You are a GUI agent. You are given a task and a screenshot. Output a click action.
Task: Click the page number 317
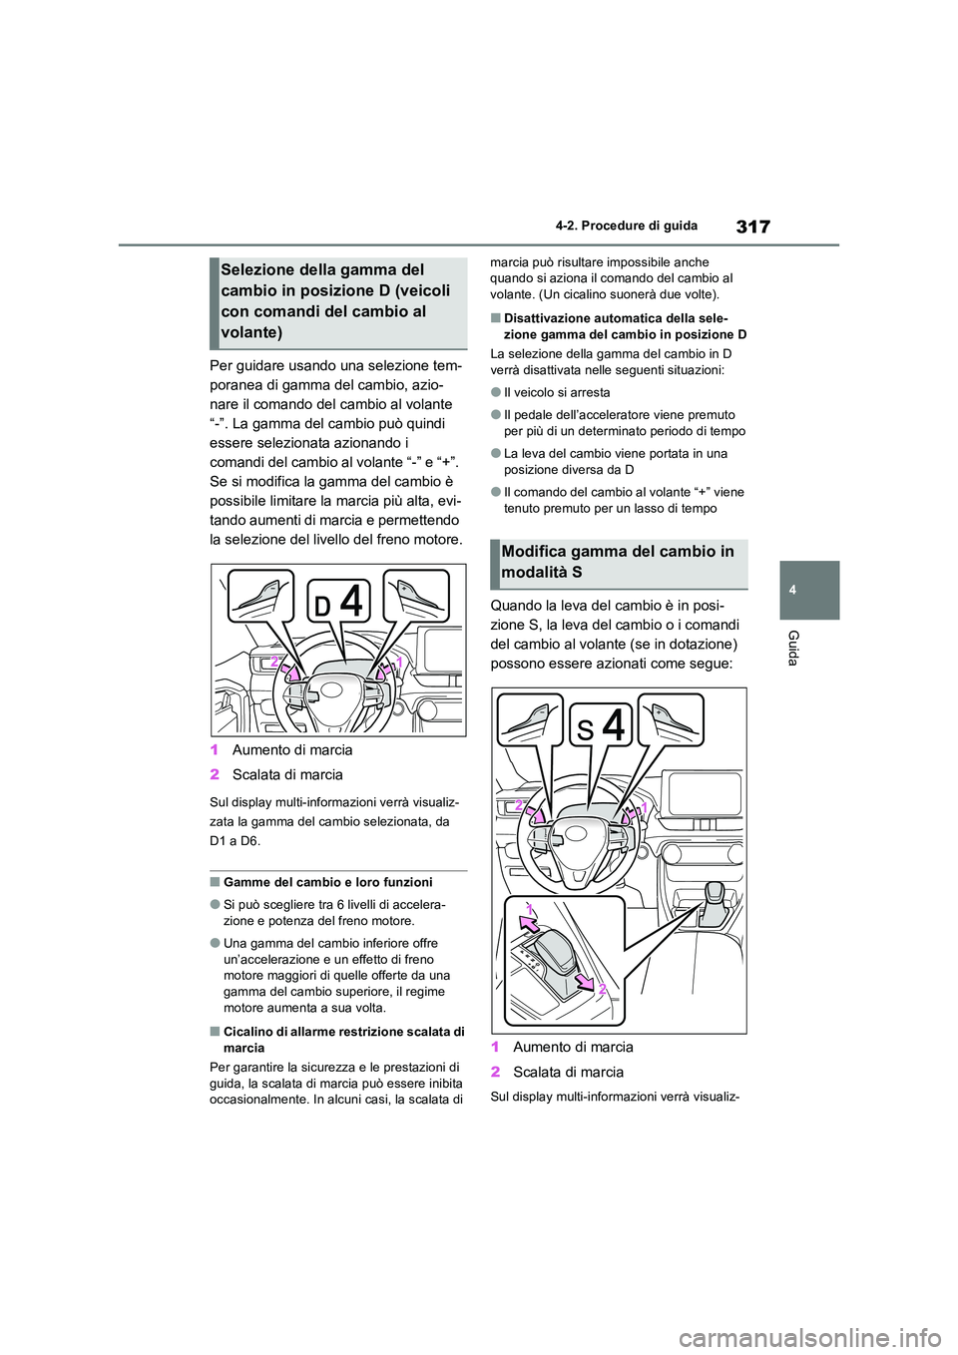(752, 226)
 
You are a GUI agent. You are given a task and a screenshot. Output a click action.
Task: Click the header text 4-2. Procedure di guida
(640, 226)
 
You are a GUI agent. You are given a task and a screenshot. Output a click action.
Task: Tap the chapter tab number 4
(791, 591)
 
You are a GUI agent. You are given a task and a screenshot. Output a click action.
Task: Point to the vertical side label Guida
(792, 648)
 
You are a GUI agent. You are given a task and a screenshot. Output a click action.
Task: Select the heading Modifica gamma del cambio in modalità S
(618, 562)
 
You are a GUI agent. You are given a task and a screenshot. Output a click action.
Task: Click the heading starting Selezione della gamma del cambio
(335, 300)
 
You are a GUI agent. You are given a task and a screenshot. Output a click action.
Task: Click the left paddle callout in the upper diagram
(259, 596)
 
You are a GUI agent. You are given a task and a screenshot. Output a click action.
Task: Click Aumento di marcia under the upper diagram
(292, 750)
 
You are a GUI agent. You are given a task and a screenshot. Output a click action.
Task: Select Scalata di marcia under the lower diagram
(568, 1072)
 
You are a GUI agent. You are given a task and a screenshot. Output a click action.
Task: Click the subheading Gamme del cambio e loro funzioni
(327, 882)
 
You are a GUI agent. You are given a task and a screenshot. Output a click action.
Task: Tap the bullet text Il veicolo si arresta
(557, 392)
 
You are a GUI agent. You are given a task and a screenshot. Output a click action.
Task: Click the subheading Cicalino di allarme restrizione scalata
(343, 1039)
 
